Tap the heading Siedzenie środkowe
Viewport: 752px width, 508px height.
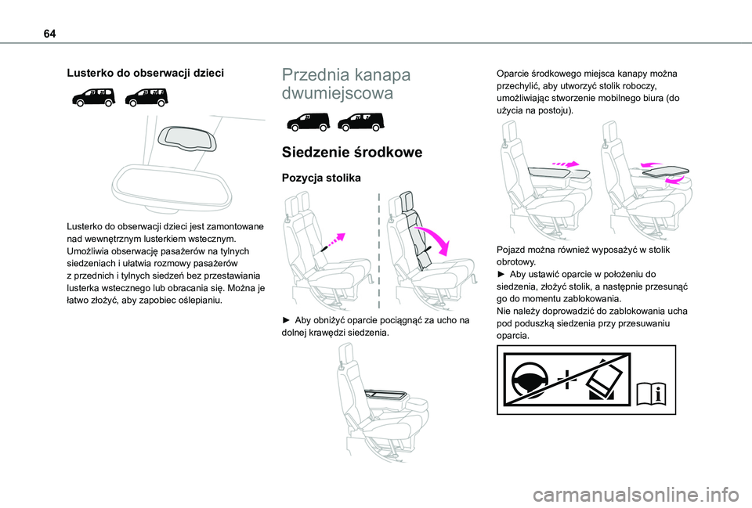click(345, 152)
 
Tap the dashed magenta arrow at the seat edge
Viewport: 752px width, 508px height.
click(334, 239)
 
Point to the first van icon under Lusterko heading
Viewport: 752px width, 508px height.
click(93, 97)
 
